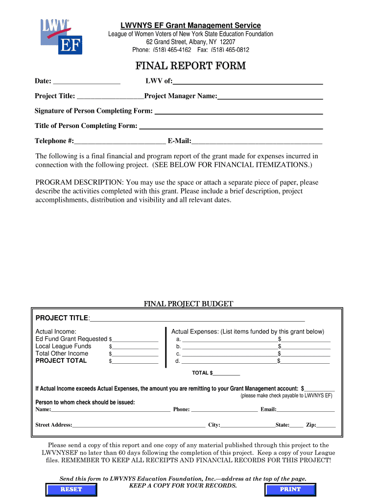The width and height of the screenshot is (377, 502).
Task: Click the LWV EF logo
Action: (x=61, y=36)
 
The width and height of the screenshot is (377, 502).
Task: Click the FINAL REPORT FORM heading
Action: (x=190, y=66)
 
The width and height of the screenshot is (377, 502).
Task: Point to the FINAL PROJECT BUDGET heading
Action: (x=188, y=304)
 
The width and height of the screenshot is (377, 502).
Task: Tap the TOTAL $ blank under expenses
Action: (x=226, y=374)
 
